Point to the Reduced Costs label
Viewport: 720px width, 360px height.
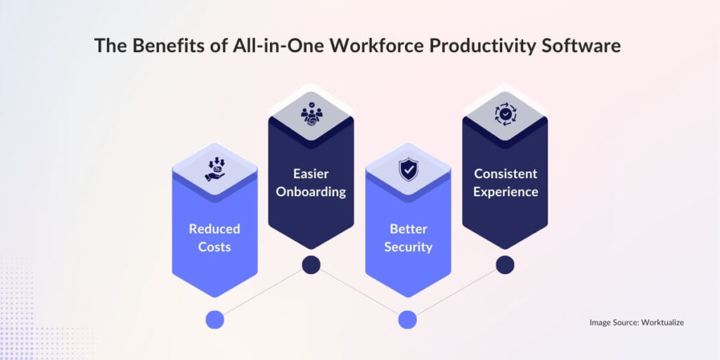pyautogui.click(x=214, y=238)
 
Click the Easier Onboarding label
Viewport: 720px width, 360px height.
pyautogui.click(x=311, y=182)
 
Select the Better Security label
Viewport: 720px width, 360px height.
pyautogui.click(x=408, y=238)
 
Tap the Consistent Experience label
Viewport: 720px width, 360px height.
pyautogui.click(x=505, y=182)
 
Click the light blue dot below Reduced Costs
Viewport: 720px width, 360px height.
pyautogui.click(x=214, y=320)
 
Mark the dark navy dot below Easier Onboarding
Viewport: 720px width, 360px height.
pyautogui.click(x=311, y=264)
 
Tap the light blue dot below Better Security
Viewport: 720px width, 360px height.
pyautogui.click(x=408, y=320)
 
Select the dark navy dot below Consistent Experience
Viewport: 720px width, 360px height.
pyautogui.click(x=505, y=264)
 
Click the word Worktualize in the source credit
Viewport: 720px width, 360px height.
pyautogui.click(x=661, y=322)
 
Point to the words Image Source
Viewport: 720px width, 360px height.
pyautogui.click(x=612, y=322)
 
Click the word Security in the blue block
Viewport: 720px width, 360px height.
pyautogui.click(x=408, y=247)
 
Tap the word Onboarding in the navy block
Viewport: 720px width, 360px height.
pyautogui.click(x=311, y=191)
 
